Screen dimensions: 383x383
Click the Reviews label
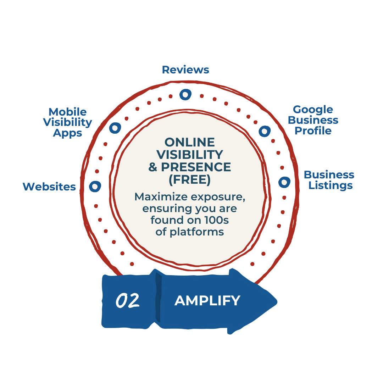click(185, 70)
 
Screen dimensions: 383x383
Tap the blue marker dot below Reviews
click(185, 94)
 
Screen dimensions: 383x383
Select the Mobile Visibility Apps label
click(67, 122)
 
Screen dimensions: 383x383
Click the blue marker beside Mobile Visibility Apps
click(115, 128)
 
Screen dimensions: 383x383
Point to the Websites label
click(49, 187)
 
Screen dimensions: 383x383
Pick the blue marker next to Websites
click(95, 186)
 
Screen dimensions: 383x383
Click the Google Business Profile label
click(313, 120)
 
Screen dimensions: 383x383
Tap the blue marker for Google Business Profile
click(264, 131)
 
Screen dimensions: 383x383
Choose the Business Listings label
click(329, 180)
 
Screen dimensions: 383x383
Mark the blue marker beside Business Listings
click(284, 182)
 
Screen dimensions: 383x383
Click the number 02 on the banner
click(127, 301)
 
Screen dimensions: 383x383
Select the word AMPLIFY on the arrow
click(207, 301)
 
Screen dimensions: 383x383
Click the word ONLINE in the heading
click(190, 142)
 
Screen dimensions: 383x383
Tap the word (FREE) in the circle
click(190, 179)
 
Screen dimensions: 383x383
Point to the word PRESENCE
click(196, 167)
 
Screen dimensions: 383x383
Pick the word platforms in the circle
click(201, 232)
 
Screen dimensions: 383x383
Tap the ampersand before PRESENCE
click(153, 167)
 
